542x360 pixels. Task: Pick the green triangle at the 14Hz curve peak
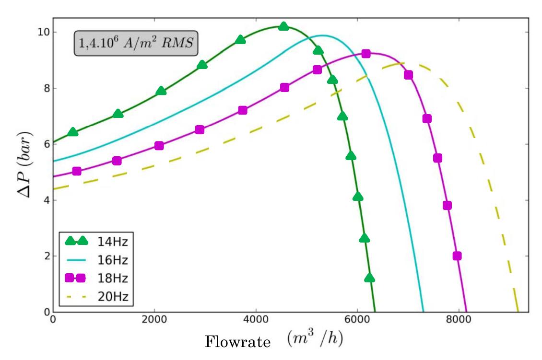(x=283, y=26)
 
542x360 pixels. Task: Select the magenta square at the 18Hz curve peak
(x=365, y=54)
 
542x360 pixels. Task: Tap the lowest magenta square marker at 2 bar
(x=457, y=256)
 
